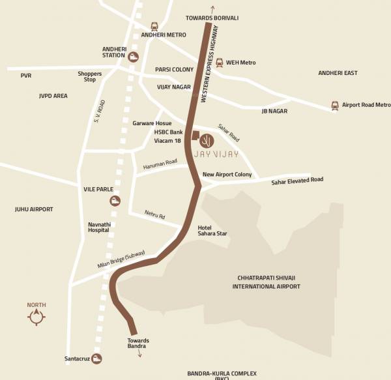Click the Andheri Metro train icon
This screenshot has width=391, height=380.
coord(154,27)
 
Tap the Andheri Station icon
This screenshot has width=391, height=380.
coord(134,57)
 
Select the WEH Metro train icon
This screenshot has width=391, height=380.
coord(220,63)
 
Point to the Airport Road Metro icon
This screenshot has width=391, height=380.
coord(335,105)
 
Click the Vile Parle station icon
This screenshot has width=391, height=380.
coord(115,200)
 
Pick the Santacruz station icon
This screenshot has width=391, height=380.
coord(96,358)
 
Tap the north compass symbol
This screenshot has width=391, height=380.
coord(36,317)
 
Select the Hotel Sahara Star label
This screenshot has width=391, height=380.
coord(212,230)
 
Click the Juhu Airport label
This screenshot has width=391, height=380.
coord(34,209)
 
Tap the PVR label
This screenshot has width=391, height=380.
coord(26,76)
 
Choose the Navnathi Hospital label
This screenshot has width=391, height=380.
coord(99,227)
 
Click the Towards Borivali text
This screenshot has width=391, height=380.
coord(212,18)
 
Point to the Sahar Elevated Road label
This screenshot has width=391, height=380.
coord(297,180)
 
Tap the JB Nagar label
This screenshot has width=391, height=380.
coord(274,111)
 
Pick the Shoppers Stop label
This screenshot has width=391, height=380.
coord(90,76)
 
